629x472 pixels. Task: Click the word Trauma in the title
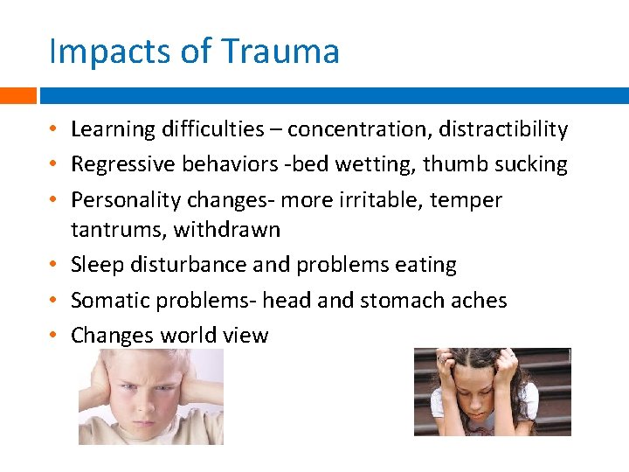click(280, 52)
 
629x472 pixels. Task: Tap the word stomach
click(409, 301)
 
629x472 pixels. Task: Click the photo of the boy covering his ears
click(150, 397)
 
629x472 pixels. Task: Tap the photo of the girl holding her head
click(492, 392)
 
